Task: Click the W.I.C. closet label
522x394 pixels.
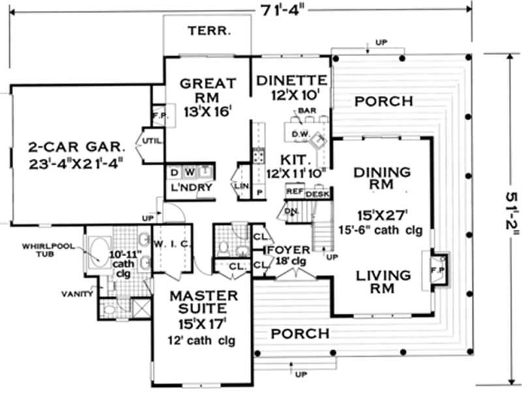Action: pyautogui.click(x=173, y=244)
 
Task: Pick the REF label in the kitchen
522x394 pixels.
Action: pyautogui.click(x=294, y=193)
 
